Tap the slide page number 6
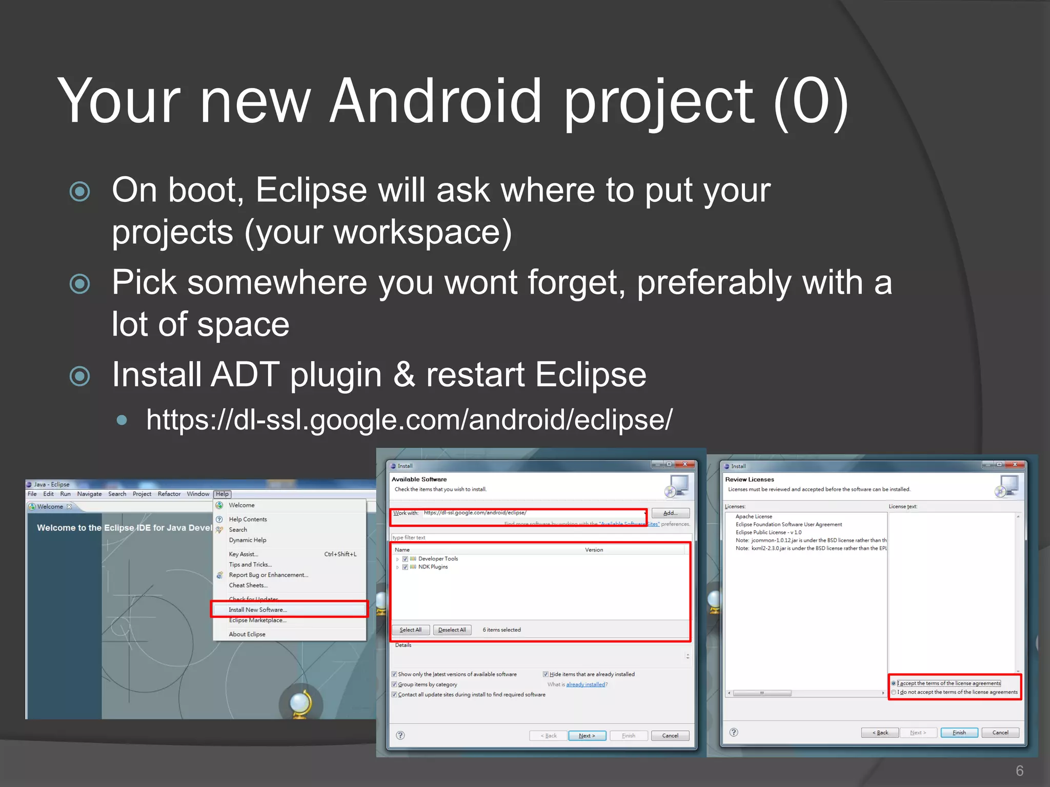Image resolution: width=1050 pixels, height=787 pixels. tap(1019, 770)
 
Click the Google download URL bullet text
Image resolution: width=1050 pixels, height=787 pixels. tap(409, 420)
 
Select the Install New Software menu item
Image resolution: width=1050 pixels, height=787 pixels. tap(257, 610)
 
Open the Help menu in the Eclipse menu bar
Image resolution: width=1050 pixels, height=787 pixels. tap(222, 494)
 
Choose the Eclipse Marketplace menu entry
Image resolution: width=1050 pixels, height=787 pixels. tap(257, 620)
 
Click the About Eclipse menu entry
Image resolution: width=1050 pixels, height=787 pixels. tap(247, 634)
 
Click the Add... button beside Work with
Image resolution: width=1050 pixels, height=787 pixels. tap(670, 513)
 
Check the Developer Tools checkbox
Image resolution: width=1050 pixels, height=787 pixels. tap(406, 559)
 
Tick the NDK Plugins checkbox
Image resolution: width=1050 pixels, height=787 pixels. tap(406, 567)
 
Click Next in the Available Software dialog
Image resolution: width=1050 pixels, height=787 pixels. tap(587, 736)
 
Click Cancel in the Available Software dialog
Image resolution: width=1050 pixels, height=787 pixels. tap(670, 736)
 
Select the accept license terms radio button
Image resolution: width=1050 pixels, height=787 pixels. tap(894, 684)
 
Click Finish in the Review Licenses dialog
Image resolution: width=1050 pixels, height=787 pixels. tap(959, 733)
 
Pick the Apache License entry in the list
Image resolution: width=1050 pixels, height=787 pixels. tap(754, 516)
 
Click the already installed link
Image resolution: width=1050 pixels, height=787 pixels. tap(585, 685)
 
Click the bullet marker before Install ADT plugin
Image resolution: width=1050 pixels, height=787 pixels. tap(79, 376)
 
